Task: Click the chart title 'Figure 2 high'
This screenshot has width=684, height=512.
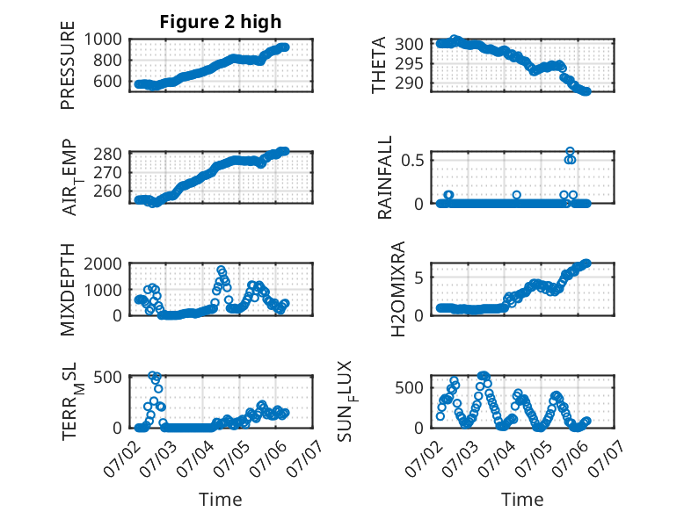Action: pyautogui.click(x=221, y=22)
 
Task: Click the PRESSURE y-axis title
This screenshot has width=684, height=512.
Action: pyautogui.click(x=68, y=65)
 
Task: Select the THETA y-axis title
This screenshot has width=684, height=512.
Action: pyautogui.click(x=379, y=65)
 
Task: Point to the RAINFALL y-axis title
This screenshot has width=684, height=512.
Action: pyautogui.click(x=385, y=177)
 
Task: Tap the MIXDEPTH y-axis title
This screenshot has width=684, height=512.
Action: pyautogui.click(x=68, y=289)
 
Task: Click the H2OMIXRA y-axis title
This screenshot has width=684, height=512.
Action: pyautogui.click(x=398, y=289)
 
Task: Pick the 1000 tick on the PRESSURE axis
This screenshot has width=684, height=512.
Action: pyautogui.click(x=103, y=40)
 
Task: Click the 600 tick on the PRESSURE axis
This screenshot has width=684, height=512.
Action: pyautogui.click(x=108, y=81)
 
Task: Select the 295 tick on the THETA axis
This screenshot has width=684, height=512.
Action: pyautogui.click(x=409, y=63)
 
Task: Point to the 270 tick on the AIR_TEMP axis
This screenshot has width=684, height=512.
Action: pyautogui.click(x=108, y=173)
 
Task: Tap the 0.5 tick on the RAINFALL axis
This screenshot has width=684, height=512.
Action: pyautogui.click(x=412, y=160)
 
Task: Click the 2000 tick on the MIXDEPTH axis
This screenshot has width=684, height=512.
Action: pyautogui.click(x=103, y=263)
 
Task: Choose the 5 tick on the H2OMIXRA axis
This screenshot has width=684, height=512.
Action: pyautogui.click(x=419, y=278)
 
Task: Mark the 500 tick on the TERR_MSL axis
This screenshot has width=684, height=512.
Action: pyautogui.click(x=108, y=376)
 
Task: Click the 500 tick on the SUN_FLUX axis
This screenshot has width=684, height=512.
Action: pyautogui.click(x=409, y=387)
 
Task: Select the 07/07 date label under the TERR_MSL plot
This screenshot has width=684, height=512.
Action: pyautogui.click(x=305, y=458)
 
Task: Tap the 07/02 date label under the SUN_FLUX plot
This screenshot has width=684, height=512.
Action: pyautogui.click(x=423, y=458)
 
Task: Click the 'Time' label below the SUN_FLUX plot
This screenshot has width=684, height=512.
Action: pyautogui.click(x=522, y=500)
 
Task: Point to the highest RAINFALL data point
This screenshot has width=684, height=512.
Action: pyautogui.click(x=570, y=151)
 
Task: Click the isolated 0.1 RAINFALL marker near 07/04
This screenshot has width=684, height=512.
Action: pyautogui.click(x=517, y=195)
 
